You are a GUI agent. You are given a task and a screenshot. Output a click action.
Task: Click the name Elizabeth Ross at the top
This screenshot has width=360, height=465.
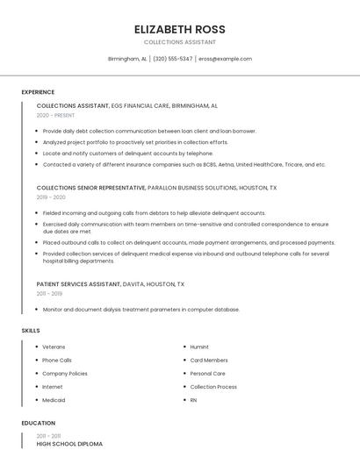pos(179,28)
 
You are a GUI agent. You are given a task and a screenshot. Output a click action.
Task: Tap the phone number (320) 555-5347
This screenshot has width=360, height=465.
pos(173,59)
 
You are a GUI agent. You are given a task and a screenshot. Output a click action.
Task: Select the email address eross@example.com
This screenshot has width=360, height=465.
pos(225,59)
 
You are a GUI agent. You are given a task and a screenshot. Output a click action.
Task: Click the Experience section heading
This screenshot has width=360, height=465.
pos(38,92)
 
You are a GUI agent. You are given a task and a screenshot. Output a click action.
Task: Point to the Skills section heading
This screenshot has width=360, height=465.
pos(31,330)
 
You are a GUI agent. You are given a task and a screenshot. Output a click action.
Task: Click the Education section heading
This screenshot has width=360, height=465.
pos(38,423)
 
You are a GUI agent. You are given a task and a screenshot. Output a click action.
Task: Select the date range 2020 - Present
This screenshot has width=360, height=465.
pos(55,115)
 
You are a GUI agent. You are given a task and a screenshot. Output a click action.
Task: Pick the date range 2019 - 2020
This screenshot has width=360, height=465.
pos(52,197)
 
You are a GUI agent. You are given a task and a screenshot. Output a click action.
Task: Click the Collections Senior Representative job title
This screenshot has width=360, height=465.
pos(91,188)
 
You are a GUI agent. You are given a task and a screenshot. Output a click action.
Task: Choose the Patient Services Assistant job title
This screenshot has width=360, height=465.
pos(78,284)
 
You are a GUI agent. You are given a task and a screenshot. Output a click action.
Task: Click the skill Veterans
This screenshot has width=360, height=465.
pos(54,347)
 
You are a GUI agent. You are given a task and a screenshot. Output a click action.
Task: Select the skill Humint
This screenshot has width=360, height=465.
pos(199,347)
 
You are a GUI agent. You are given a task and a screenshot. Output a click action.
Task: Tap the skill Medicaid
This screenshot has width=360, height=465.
pos(54,400)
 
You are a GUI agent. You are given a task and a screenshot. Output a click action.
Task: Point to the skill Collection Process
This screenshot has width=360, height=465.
pos(213,387)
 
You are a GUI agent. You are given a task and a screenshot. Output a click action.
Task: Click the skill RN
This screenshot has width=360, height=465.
pos(193,400)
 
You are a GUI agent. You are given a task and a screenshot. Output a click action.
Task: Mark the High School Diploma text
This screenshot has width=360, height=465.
pos(69,444)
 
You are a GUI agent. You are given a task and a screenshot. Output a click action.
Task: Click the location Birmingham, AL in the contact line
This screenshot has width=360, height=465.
pos(127,59)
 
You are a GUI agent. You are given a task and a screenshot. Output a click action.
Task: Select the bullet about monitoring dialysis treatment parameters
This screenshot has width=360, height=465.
pos(140,309)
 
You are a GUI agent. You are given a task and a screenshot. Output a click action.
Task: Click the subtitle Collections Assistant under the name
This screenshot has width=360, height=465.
pos(179,41)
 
